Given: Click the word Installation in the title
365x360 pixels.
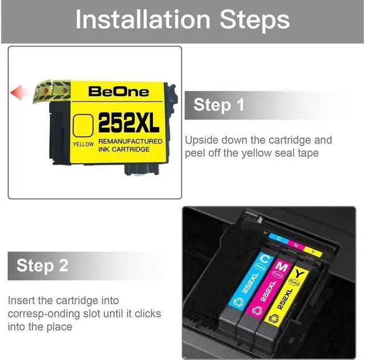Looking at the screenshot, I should (x=145, y=20).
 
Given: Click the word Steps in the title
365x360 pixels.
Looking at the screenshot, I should (x=254, y=20).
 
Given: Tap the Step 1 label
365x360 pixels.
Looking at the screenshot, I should (x=219, y=105).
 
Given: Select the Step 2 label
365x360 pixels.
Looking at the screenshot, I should (x=42, y=265).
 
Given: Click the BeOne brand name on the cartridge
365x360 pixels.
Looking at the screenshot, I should (x=119, y=91).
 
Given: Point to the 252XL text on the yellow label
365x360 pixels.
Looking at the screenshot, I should (x=129, y=121).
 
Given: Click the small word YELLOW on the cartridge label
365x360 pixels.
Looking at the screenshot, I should (x=84, y=145).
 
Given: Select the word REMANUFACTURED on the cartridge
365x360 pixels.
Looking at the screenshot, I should (x=130, y=141).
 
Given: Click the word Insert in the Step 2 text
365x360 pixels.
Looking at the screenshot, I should (x=21, y=300).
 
